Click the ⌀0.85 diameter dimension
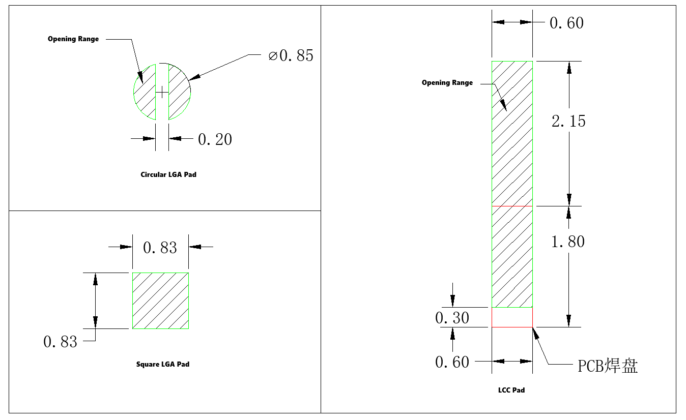click(291, 55)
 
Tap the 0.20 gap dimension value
click(215, 139)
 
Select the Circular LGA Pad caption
click(168, 175)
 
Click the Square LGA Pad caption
click(163, 365)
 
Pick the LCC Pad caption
click(511, 390)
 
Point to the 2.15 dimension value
click(568, 121)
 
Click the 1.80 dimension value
click(568, 242)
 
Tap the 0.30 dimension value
click(452, 318)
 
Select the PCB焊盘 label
click(608, 366)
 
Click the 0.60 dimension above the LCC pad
click(566, 23)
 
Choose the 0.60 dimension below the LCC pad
click(452, 362)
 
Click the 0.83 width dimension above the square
click(160, 248)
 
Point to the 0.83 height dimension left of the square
click(60, 342)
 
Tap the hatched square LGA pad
click(160, 301)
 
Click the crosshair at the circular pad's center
click(162, 92)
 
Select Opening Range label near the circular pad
click(73, 39)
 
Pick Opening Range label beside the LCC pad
click(447, 82)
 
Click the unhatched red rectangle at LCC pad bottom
click(512, 317)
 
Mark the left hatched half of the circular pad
click(145, 92)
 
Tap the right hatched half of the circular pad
click(180, 92)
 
